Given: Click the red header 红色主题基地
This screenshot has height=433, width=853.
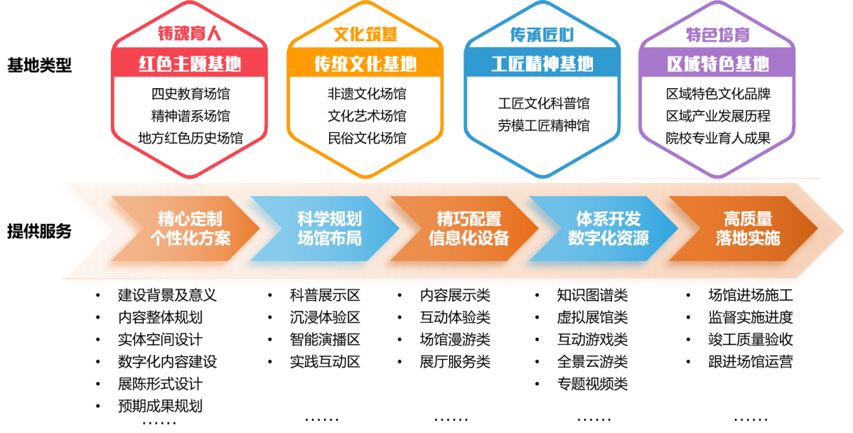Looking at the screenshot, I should click(190, 64).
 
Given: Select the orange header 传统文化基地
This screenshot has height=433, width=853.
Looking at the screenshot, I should click(365, 64).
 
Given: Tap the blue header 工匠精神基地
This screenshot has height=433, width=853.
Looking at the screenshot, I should click(542, 64).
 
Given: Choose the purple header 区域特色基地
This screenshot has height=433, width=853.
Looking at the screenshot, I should click(718, 64).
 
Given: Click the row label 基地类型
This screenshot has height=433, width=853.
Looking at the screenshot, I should click(39, 66).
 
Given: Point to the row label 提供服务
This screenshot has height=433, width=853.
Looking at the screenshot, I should click(39, 231).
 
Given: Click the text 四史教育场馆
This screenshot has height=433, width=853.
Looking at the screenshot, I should click(191, 94).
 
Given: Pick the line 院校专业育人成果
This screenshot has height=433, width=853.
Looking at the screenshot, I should click(718, 138).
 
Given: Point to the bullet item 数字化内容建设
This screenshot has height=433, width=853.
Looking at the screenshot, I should click(167, 362).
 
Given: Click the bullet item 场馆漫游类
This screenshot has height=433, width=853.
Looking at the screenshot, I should click(455, 340).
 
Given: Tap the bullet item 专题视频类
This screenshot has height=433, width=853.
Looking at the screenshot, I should click(592, 385).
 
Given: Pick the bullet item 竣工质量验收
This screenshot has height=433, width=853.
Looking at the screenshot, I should click(751, 340).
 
